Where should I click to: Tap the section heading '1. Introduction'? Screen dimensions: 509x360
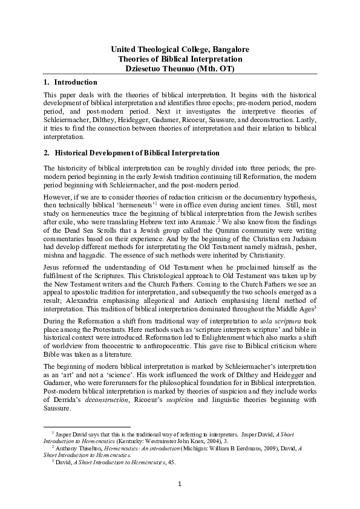pyautogui.click(x=71, y=82)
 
